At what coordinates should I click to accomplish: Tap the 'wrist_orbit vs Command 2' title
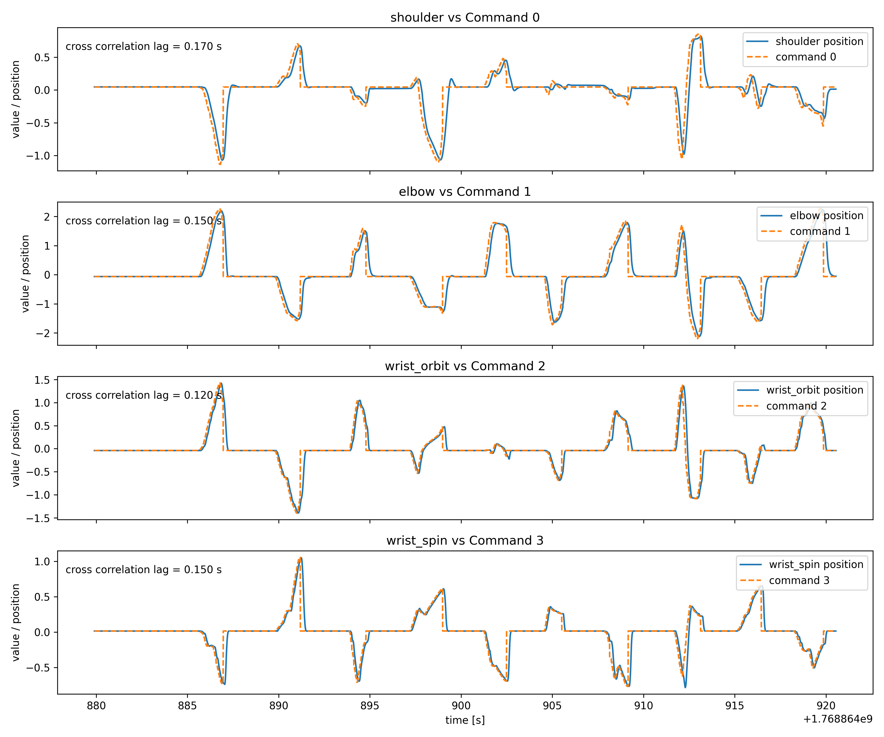[x=465, y=366]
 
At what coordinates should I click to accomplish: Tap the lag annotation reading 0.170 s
[x=144, y=46]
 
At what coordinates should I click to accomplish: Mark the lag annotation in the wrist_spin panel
[x=144, y=569]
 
